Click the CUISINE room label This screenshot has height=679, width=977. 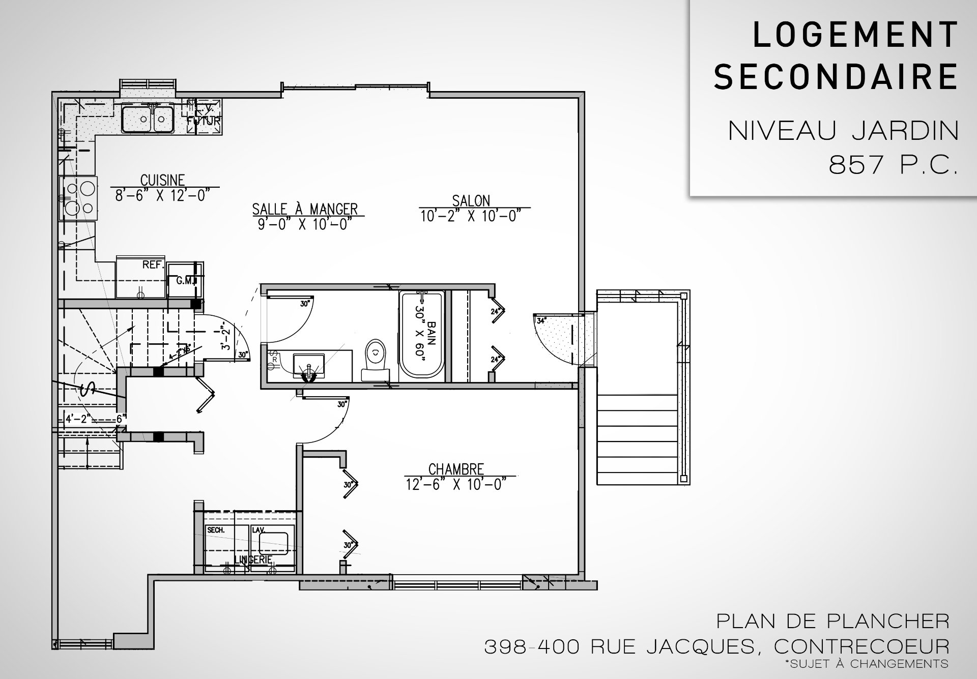click(162, 180)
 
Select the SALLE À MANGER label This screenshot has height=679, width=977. click(305, 209)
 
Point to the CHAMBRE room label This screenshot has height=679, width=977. click(456, 468)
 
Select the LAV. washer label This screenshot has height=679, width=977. click(259, 529)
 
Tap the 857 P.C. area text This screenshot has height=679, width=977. click(893, 165)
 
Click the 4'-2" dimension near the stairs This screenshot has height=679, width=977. click(77, 419)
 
